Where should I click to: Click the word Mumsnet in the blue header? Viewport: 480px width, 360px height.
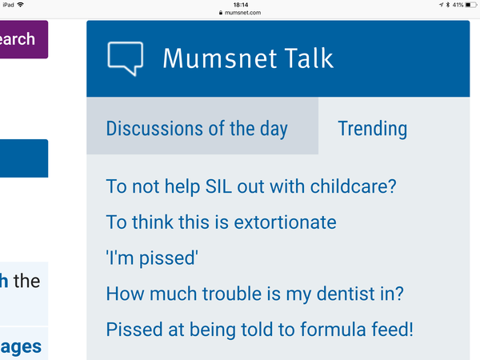(220, 58)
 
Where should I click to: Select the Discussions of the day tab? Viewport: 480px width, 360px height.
(197, 128)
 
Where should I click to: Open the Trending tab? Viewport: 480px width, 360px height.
(373, 128)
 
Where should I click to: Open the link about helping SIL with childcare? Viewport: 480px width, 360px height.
(251, 186)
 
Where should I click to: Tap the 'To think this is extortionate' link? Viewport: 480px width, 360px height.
(221, 222)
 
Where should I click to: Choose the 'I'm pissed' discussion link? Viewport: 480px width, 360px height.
(152, 258)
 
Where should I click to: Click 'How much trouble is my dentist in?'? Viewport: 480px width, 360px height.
(254, 294)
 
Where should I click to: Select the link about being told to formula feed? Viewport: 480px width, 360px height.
(259, 330)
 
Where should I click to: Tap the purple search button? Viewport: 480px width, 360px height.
(24, 39)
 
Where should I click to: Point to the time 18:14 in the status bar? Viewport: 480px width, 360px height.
(241, 5)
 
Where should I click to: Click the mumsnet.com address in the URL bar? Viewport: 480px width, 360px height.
(242, 13)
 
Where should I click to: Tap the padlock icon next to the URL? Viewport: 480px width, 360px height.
(221, 13)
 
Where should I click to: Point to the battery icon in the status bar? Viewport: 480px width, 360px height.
(471, 5)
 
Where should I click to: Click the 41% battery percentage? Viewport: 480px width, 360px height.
(458, 5)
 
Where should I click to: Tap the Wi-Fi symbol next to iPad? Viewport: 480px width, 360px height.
(21, 5)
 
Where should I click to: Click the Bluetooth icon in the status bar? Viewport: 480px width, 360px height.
(447, 5)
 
